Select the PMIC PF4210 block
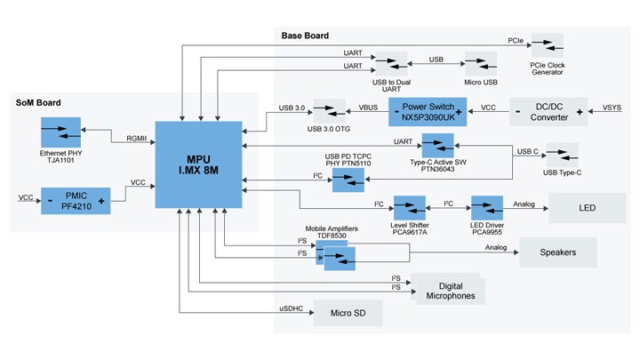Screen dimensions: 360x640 point(76,201)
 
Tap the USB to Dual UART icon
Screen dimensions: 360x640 point(389,64)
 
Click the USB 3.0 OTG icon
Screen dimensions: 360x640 point(329,112)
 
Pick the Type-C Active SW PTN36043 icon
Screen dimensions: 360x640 point(437,145)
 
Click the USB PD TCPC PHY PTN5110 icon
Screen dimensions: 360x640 point(349,180)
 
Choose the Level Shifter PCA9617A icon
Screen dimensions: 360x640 point(410,208)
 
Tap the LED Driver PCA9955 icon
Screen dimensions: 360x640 point(487,208)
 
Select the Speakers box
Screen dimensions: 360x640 point(558,252)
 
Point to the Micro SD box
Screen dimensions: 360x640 point(348,312)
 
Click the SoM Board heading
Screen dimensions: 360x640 point(39,103)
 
